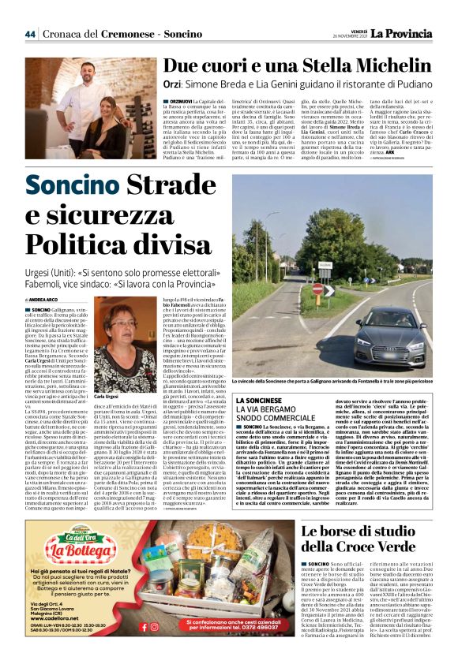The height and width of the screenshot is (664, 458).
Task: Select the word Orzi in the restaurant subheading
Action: tap(175, 89)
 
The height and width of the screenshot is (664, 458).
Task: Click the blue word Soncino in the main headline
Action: tap(69, 187)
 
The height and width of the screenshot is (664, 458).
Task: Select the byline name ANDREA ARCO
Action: tap(49, 300)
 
